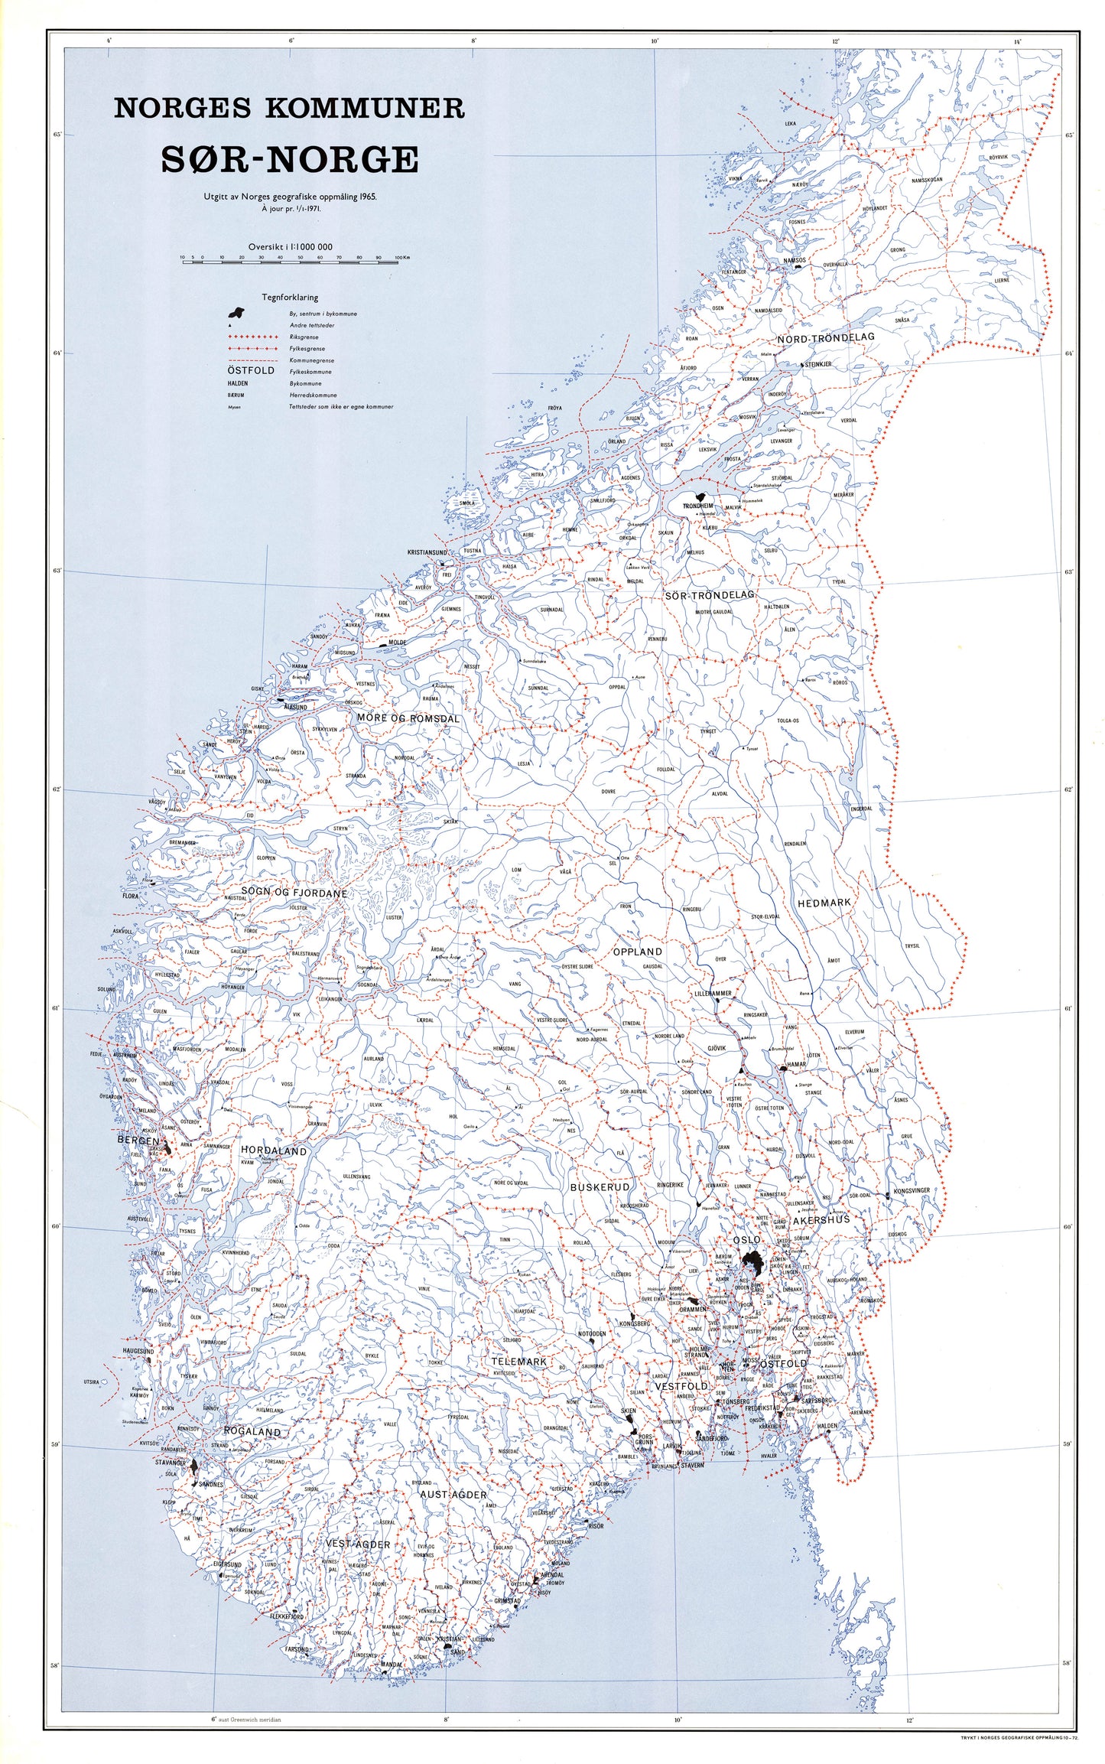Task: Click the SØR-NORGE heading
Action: click(289, 160)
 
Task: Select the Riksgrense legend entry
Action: click(304, 337)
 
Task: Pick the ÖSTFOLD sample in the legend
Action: click(251, 371)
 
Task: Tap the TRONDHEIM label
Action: click(697, 506)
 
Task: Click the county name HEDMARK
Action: click(824, 903)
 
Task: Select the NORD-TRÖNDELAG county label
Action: click(825, 337)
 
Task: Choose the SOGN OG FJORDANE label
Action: click(294, 893)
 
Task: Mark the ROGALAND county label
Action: click(252, 1431)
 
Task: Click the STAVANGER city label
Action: click(171, 1462)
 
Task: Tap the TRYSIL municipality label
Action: click(912, 946)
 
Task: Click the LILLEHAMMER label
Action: click(712, 993)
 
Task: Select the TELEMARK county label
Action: click(519, 1361)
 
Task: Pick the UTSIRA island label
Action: click(92, 1382)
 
